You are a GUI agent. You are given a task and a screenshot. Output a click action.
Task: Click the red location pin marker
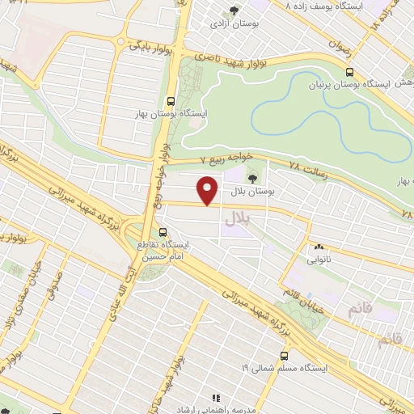(x=209, y=191)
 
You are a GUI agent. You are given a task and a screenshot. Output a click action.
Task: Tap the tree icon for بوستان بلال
(x=253, y=176)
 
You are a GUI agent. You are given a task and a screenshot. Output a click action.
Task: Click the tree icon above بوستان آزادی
(x=234, y=11)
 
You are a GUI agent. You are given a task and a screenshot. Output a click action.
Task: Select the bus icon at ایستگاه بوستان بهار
(x=171, y=102)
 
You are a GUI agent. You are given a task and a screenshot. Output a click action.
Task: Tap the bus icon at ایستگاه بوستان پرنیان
(x=349, y=72)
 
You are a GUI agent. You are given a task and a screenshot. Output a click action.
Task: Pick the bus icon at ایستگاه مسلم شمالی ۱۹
(x=283, y=355)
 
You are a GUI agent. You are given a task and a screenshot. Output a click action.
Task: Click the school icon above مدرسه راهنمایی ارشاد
(x=216, y=399)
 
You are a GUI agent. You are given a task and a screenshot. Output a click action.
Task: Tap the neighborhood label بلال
(x=239, y=217)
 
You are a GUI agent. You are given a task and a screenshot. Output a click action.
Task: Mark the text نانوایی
(x=318, y=261)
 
